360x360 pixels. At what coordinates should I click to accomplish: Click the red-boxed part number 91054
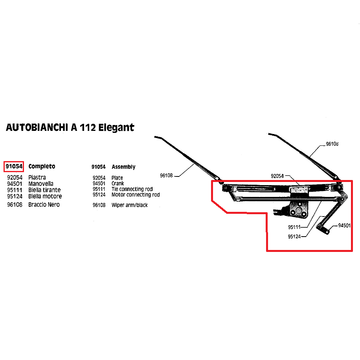[x=14, y=166]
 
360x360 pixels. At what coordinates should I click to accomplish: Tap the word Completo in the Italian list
[x=42, y=167]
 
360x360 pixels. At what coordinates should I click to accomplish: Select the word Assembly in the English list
[x=123, y=167]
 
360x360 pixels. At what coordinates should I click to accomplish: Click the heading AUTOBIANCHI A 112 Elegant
[x=70, y=127]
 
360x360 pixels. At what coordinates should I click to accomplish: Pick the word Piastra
[x=37, y=178]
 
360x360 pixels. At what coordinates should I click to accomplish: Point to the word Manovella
[x=41, y=184]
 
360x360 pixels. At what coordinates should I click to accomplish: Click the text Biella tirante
[x=44, y=190]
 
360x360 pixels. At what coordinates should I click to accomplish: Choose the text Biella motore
[x=45, y=196]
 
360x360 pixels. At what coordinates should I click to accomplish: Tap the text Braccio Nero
[x=44, y=205]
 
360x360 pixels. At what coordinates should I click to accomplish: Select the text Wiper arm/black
[x=129, y=205]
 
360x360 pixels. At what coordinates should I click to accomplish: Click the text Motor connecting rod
[x=136, y=195]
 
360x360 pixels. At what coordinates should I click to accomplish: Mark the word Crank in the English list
[x=118, y=184]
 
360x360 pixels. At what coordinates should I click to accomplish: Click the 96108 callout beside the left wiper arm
[x=166, y=176]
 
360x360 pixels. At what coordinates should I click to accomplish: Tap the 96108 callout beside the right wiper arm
[x=332, y=144]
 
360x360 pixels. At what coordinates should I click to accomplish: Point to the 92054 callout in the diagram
[x=277, y=176]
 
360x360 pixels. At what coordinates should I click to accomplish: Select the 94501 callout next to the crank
[x=344, y=226]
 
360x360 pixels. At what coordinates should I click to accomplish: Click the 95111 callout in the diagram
[x=294, y=227]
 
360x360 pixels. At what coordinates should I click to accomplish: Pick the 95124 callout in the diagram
[x=294, y=237]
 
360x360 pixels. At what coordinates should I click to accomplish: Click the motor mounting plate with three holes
[x=298, y=209]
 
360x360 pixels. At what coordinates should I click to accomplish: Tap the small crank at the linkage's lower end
[x=323, y=230]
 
